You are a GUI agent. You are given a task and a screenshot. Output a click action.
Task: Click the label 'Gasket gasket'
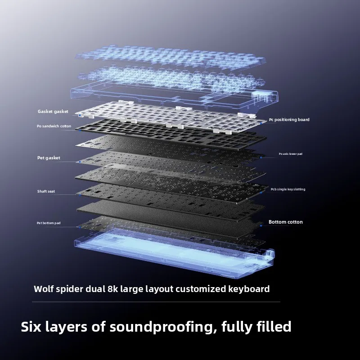(53, 112)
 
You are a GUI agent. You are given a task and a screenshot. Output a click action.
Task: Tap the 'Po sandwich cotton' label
(54, 126)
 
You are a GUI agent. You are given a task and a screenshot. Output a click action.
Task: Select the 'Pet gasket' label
(49, 158)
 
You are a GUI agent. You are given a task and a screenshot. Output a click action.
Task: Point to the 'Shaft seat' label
(46, 191)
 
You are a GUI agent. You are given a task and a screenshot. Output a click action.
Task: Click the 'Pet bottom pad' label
(49, 223)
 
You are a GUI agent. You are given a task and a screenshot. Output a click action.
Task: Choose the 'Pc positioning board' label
(289, 120)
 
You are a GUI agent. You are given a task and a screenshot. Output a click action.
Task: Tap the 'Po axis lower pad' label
(290, 154)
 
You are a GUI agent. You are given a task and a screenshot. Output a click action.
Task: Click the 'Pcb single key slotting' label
(288, 189)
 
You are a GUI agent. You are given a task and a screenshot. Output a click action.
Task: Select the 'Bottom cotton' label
(286, 222)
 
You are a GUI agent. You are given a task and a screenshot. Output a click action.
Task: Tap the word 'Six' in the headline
(31, 327)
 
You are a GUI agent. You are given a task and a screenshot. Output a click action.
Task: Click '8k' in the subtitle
(113, 289)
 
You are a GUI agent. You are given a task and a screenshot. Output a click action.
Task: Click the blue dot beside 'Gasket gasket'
(80, 115)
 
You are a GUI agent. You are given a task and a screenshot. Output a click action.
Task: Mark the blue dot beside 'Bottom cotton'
(261, 226)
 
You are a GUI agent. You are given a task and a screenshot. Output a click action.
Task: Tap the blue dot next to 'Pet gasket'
(80, 162)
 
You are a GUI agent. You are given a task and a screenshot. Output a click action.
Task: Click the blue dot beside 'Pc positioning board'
(261, 123)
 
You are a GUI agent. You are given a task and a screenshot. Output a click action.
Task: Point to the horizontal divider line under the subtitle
(156, 302)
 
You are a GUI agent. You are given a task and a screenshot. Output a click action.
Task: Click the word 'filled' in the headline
(274, 327)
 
